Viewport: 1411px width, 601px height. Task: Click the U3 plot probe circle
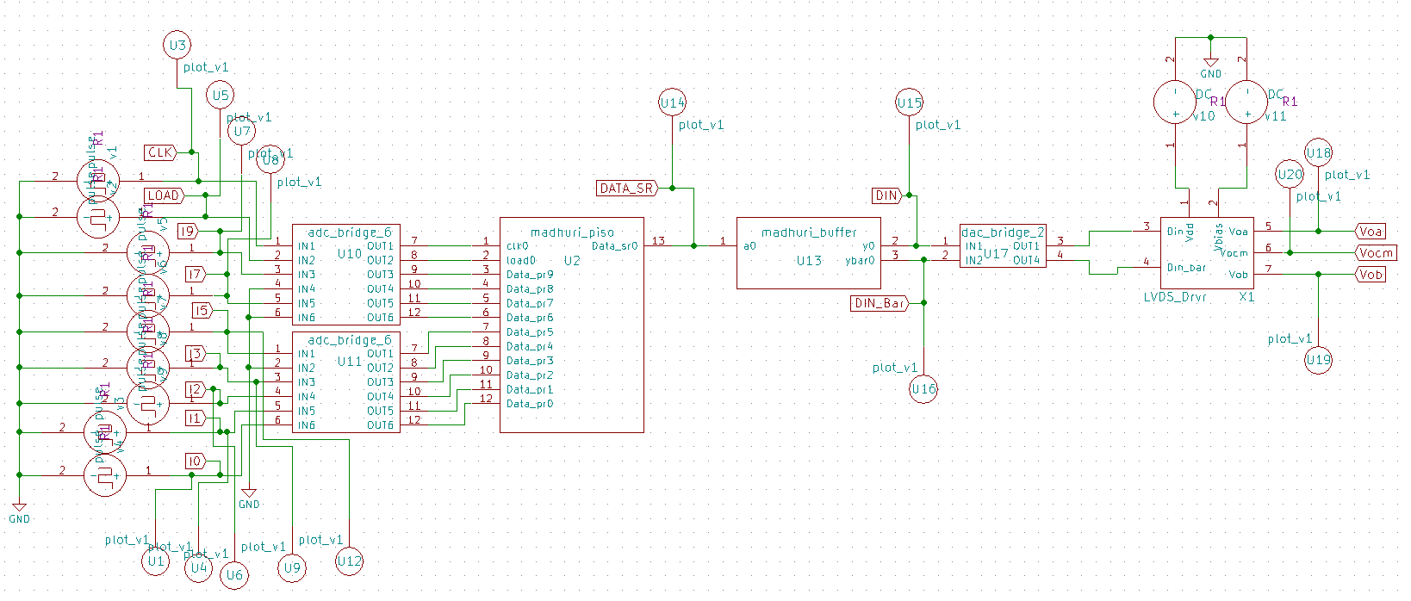tap(177, 46)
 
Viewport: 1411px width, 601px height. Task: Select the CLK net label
tap(160, 152)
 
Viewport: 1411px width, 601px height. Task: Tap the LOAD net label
tap(163, 195)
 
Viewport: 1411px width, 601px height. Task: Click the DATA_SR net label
tap(626, 188)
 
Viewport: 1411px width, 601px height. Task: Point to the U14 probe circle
tap(672, 103)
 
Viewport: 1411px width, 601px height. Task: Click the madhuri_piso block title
tap(572, 232)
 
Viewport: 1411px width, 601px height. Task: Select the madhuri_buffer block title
tap(809, 232)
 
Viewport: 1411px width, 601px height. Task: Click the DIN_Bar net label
tap(879, 303)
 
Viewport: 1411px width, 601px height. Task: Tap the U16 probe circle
tap(923, 389)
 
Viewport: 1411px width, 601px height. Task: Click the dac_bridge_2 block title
tap(1003, 232)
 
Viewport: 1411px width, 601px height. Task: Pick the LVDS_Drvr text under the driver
tap(1175, 296)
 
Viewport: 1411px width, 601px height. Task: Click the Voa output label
tap(1370, 231)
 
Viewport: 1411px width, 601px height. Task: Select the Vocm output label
tap(1375, 252)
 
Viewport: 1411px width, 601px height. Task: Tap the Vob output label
tap(1370, 275)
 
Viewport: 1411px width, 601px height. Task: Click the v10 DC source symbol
tap(1175, 102)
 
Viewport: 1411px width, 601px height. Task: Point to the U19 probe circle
tap(1318, 360)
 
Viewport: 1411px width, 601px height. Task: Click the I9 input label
tap(187, 231)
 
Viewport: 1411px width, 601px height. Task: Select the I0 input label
tap(195, 462)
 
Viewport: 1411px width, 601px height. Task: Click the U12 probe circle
tap(349, 561)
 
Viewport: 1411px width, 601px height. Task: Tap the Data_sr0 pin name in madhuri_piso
tap(614, 246)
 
